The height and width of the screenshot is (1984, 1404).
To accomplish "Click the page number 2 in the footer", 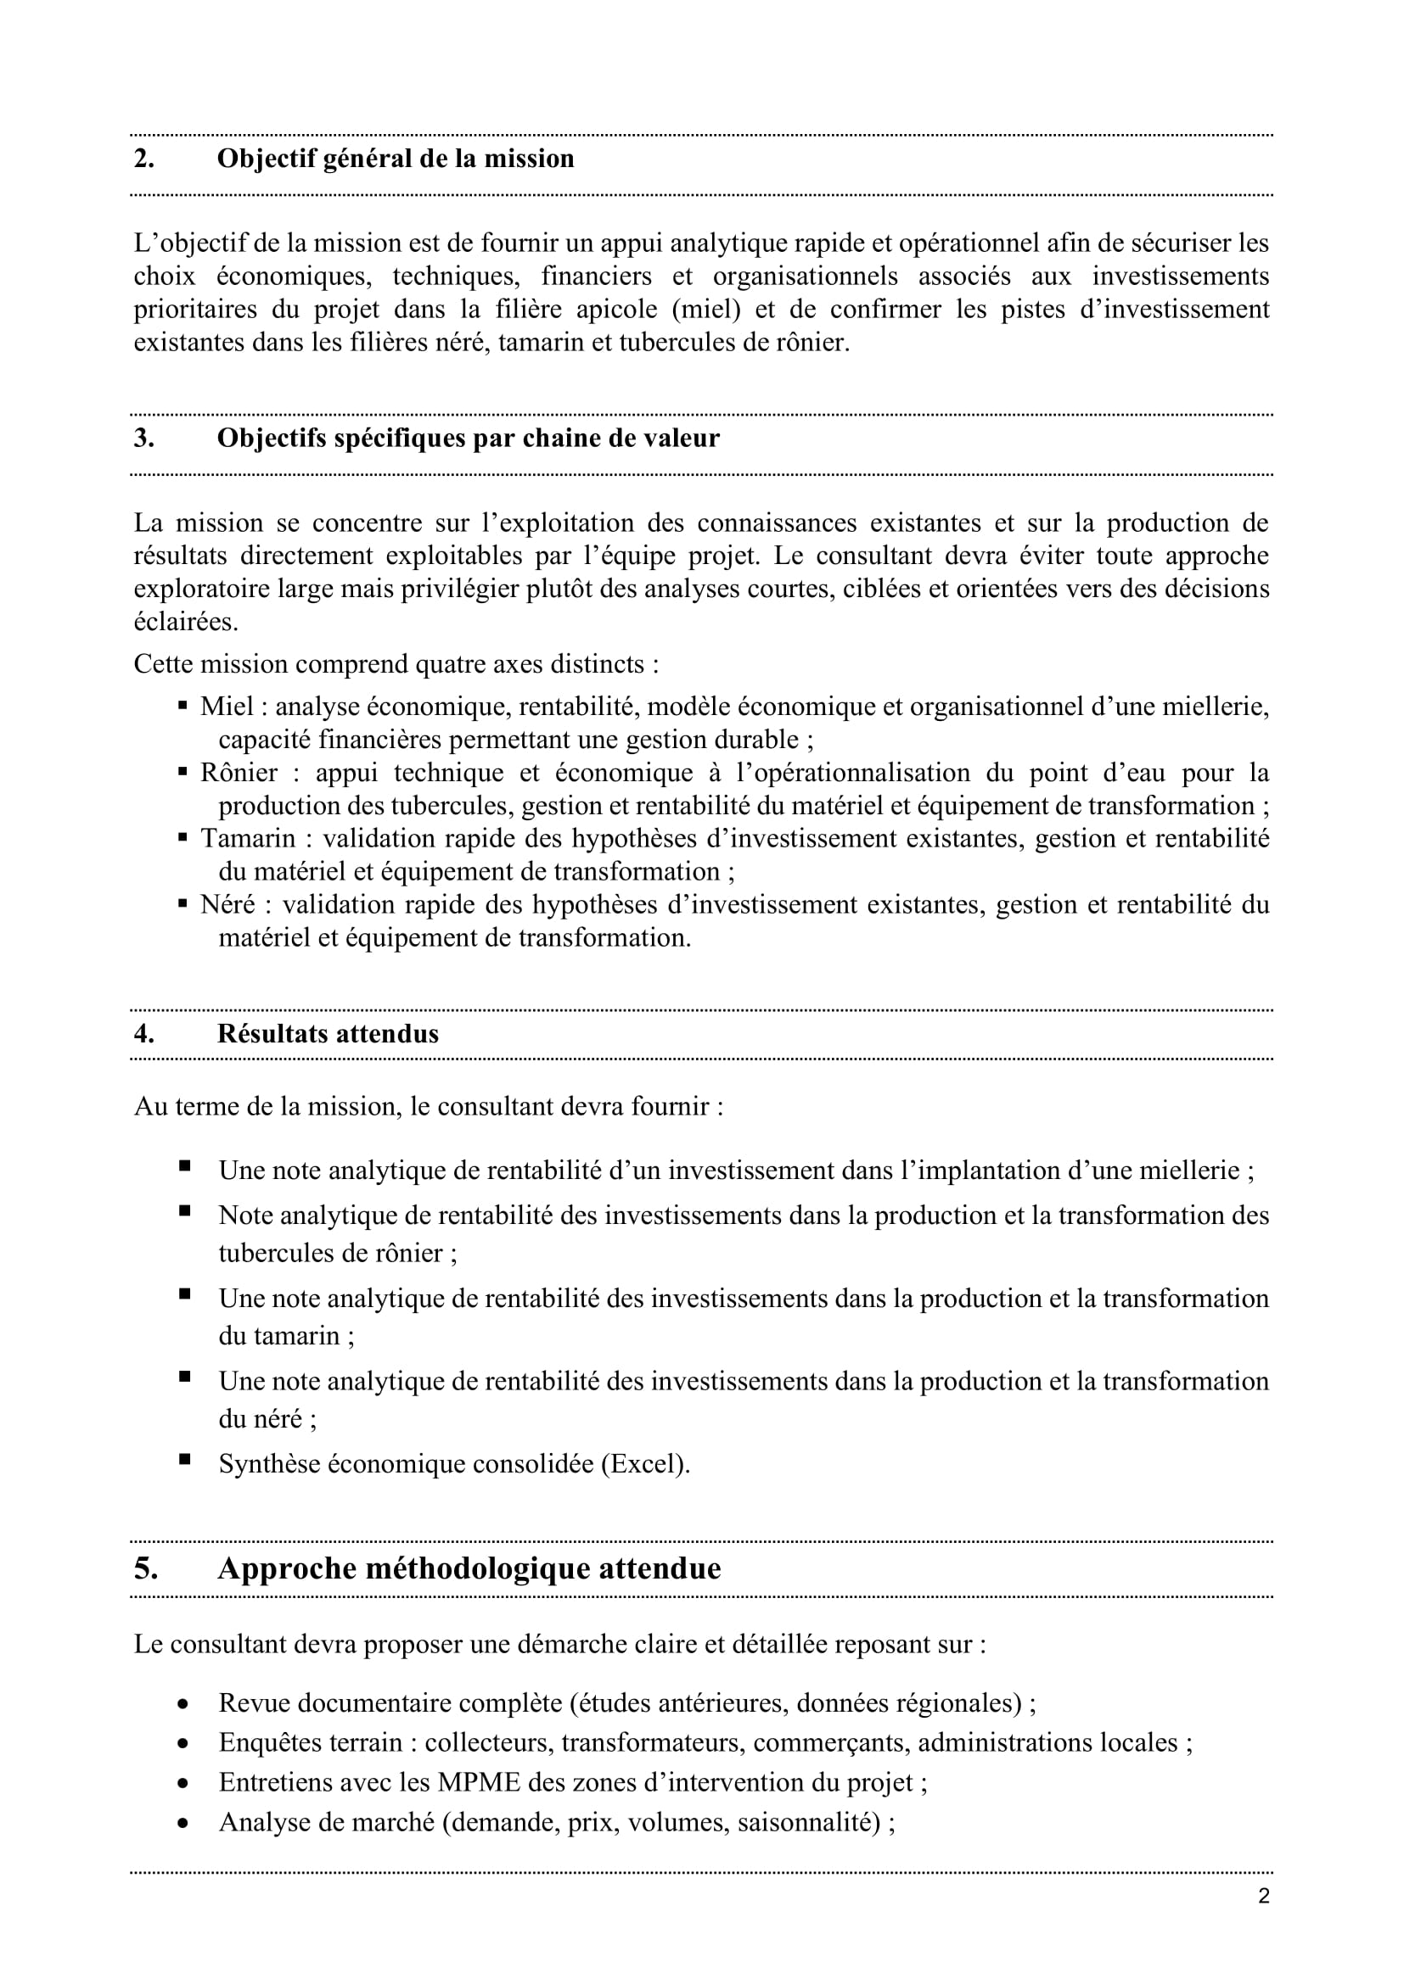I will [1264, 1897].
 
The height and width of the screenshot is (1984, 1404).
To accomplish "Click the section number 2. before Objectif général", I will [143, 159].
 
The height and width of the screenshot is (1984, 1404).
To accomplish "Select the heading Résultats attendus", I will [328, 1033].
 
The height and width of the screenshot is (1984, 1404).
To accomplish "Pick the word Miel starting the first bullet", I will [227, 706].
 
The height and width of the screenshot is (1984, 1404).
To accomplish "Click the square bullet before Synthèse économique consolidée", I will [184, 1460].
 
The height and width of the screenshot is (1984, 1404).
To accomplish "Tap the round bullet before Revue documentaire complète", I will [183, 1704].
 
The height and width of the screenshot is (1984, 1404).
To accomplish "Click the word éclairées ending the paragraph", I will [185, 622].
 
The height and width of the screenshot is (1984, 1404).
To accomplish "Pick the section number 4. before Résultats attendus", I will [143, 1033].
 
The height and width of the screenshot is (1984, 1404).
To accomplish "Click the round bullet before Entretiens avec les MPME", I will [183, 1783].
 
